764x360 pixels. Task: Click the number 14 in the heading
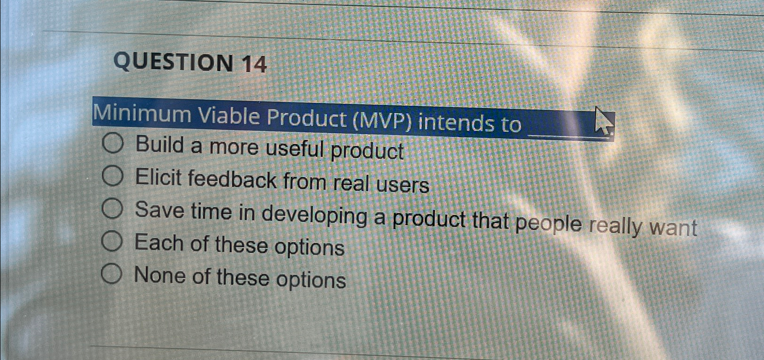[x=254, y=64]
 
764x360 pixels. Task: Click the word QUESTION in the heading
[x=173, y=62]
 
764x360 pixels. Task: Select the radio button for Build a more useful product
[x=113, y=143]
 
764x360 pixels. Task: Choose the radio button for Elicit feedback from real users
[x=113, y=176]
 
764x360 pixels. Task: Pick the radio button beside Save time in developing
[x=112, y=209]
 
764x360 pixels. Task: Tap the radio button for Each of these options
[x=112, y=241]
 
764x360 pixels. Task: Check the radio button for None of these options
[x=112, y=274]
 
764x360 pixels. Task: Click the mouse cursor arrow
[x=603, y=121]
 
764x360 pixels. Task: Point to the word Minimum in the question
[x=143, y=115]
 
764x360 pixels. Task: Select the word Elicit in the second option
[x=158, y=178]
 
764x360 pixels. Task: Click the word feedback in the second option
[x=232, y=180]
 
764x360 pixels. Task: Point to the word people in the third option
[x=548, y=223]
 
